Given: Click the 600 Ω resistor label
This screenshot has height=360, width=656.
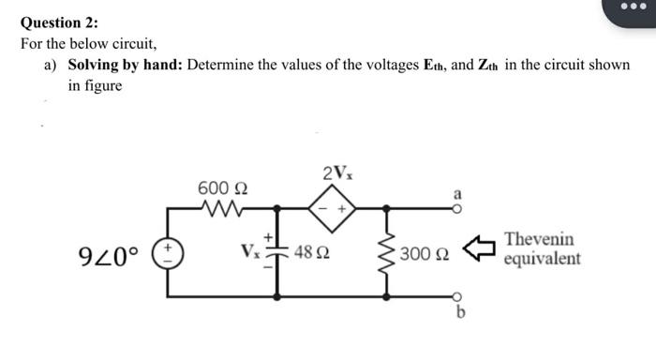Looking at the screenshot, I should [x=222, y=188].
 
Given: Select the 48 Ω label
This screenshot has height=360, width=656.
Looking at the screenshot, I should [x=310, y=252].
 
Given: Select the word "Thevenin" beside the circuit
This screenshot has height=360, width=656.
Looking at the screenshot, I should [x=539, y=240].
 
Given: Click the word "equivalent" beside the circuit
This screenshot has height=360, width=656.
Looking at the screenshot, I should [x=542, y=259].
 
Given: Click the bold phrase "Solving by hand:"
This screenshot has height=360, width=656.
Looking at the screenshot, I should [x=125, y=67].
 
